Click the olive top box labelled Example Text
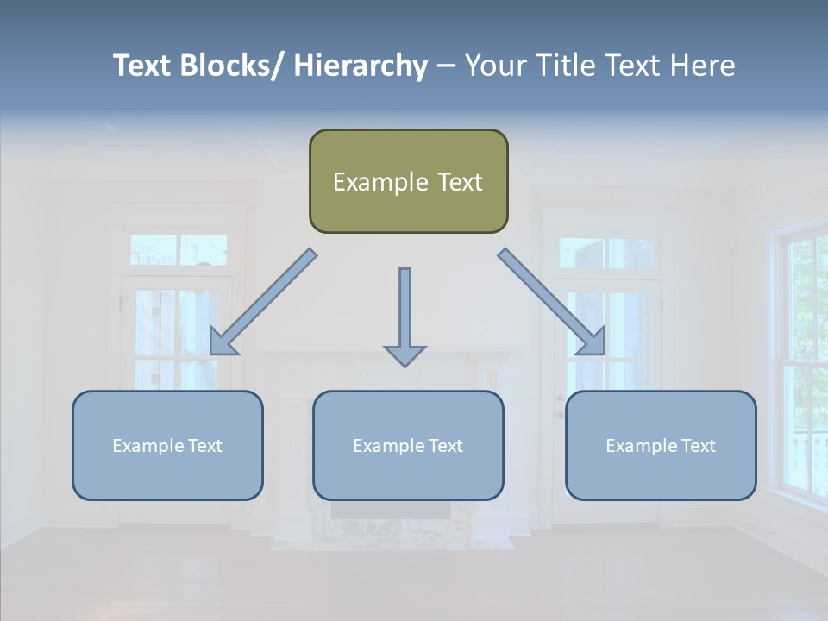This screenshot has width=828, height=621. pos(408,181)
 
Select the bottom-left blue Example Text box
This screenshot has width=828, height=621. pos(167,445)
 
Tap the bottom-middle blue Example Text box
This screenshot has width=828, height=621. pos(408,445)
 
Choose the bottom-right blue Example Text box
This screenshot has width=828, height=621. pos(661,445)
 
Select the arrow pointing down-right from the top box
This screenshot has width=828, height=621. pos(552,302)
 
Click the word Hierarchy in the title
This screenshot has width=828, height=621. pos(361,66)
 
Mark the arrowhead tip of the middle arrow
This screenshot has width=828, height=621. pos(405,365)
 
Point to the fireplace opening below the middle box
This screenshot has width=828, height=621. pos(390,512)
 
